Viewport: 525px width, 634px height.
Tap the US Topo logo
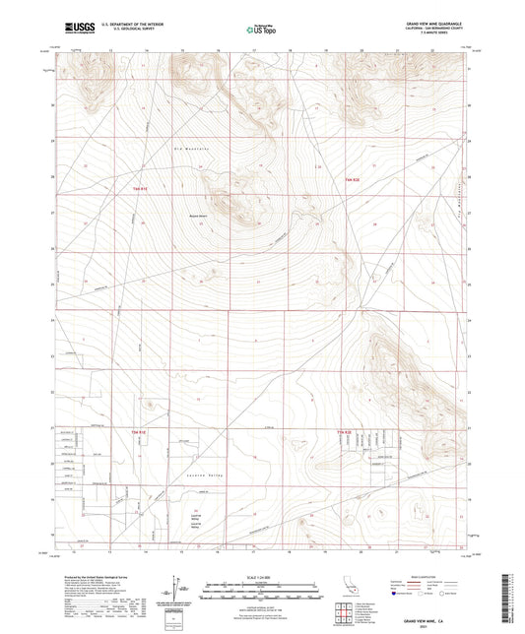tap(259, 30)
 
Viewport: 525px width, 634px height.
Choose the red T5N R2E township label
tap(344, 432)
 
